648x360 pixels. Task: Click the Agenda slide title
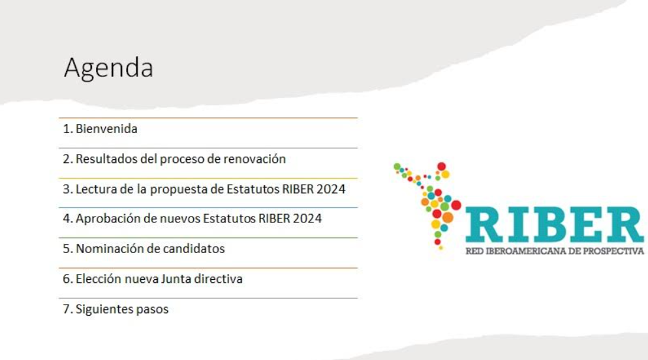(x=108, y=68)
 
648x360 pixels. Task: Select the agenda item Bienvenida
(x=106, y=129)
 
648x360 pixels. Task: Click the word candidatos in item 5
(x=196, y=249)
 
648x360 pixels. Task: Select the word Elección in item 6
(x=97, y=279)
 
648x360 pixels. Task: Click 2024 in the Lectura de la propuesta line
(x=331, y=190)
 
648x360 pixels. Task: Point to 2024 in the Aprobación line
(x=307, y=219)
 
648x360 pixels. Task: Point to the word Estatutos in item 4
(x=230, y=219)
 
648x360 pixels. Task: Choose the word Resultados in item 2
(x=106, y=159)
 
